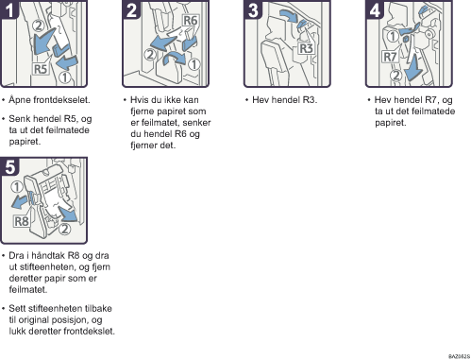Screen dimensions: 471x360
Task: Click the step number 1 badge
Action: (x=9, y=9)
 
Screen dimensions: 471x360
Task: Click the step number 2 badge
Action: (x=131, y=9)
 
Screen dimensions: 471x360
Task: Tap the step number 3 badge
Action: (x=253, y=9)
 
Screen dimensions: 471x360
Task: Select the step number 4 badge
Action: (x=375, y=9)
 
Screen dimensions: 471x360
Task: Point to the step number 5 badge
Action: (x=9, y=166)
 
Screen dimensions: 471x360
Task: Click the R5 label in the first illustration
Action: (x=41, y=69)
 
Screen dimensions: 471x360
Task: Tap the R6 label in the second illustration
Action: (x=190, y=21)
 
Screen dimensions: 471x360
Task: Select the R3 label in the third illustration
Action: (x=306, y=48)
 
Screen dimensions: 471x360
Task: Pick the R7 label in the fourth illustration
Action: (x=390, y=57)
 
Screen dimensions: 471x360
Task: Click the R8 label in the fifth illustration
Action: (x=22, y=221)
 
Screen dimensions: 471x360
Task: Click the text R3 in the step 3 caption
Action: (x=310, y=100)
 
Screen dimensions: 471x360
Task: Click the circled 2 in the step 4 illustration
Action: (x=396, y=76)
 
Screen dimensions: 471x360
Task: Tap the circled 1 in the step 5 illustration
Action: (x=17, y=187)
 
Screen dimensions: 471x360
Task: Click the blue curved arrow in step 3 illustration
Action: (x=289, y=15)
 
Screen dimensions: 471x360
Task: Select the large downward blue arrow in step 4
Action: (x=414, y=67)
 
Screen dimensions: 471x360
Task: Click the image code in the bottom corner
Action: (x=459, y=356)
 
